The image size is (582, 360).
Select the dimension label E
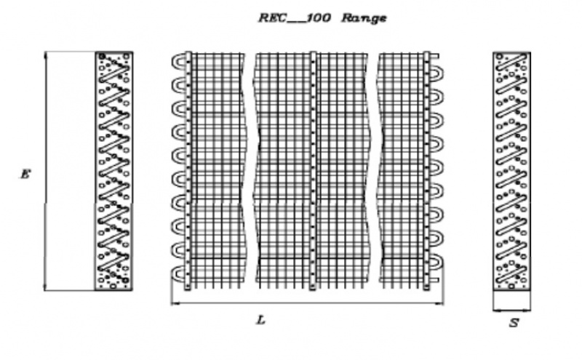25,175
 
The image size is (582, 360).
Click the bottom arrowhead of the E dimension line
46,287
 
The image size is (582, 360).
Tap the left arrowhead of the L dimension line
174,303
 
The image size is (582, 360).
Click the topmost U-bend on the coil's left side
177,62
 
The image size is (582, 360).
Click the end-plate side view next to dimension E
113,171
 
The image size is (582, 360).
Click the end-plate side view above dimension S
511,171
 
